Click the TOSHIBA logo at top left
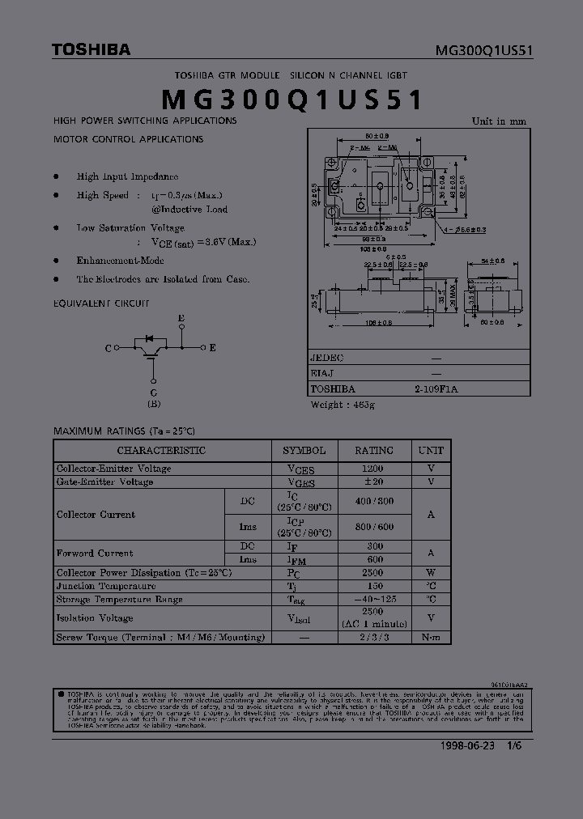point(91,50)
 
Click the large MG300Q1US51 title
point(292,100)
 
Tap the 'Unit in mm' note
point(499,121)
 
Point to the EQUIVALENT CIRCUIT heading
point(101,303)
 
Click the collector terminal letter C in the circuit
point(108,348)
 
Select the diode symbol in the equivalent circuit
point(148,339)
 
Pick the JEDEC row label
point(327,358)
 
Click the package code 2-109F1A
point(436,388)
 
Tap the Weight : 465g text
point(343,404)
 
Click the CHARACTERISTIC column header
point(161,451)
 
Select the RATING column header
point(374,451)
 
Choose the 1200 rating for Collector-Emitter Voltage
point(374,469)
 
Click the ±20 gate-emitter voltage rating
point(374,482)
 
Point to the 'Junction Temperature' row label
point(105,586)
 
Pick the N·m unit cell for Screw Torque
point(432,638)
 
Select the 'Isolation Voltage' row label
point(95,618)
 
